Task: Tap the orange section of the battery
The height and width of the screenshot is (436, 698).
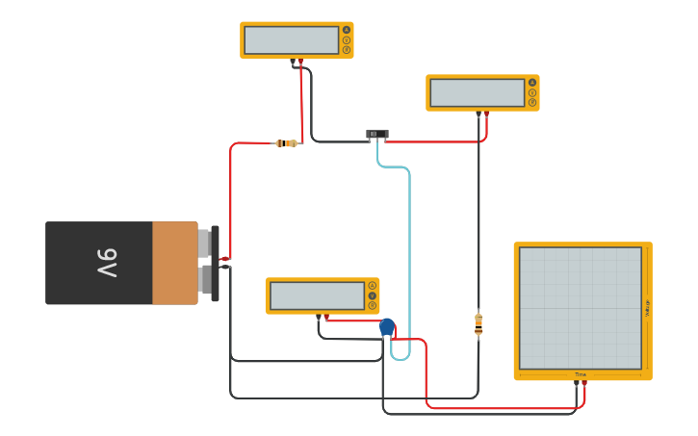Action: pos(174,263)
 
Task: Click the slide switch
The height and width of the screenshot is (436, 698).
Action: pos(377,134)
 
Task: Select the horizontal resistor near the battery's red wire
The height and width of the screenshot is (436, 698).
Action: pos(286,143)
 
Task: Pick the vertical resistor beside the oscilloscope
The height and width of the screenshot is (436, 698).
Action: pos(478,324)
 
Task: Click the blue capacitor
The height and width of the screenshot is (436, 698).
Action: pos(387,327)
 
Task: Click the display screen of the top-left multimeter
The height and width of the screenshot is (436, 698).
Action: pos(291,40)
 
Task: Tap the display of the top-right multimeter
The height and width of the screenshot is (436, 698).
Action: pos(477,92)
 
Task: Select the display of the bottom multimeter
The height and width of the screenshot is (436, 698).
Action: pos(317,295)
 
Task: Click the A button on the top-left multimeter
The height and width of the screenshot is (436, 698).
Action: pos(347,30)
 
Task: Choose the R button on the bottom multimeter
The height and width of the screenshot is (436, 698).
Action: pos(373,305)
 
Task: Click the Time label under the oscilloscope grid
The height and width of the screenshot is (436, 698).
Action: pos(581,374)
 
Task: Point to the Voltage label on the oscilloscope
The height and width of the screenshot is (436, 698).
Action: pos(648,308)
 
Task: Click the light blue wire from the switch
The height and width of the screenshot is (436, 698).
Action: pos(409,250)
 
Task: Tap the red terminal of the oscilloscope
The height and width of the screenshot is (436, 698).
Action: pos(584,383)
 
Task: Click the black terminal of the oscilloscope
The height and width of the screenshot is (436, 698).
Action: pos(577,383)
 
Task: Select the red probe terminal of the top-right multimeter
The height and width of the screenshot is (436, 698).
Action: pos(486,114)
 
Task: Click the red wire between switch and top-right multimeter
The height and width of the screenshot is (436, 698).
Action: pos(433,141)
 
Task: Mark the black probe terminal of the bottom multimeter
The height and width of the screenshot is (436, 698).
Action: pos(319,317)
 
